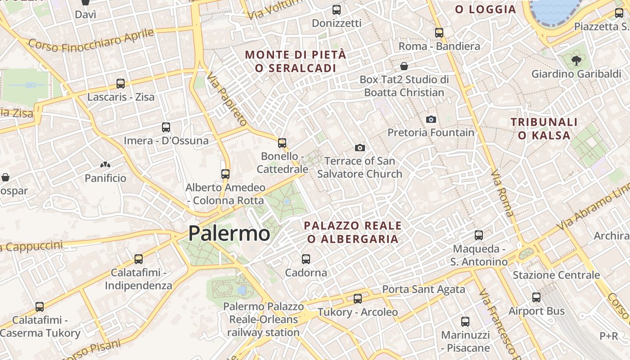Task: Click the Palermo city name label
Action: [229, 234]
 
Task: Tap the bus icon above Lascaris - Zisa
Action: [121, 84]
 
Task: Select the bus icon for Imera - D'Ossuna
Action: [166, 127]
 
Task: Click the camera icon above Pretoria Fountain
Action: [431, 119]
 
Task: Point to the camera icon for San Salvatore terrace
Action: [360, 148]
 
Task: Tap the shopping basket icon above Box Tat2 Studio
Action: [404, 67]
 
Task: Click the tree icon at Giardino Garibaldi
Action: [576, 61]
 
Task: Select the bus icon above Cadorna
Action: [306, 259]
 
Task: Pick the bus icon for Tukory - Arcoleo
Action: [358, 299]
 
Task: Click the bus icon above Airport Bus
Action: [536, 297]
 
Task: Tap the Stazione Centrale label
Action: [556, 275]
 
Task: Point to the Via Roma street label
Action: [502, 193]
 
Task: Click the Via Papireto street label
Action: [227, 99]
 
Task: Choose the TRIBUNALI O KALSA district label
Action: [544, 129]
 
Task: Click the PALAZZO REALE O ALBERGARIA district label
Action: [353, 232]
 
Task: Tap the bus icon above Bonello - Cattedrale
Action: [282, 143]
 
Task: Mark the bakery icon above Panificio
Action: [105, 165]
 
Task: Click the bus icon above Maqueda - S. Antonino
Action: [479, 235]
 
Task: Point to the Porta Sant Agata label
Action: [423, 289]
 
